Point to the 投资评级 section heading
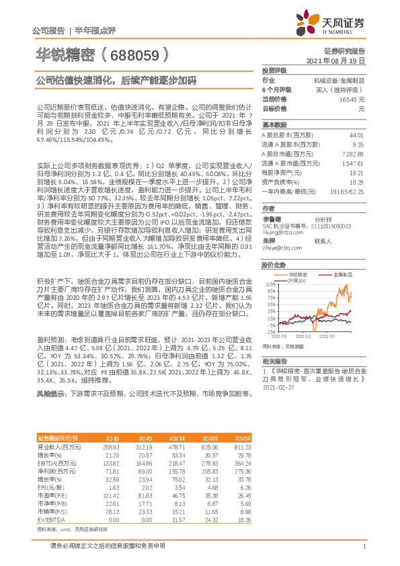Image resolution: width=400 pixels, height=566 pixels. (x=275, y=70)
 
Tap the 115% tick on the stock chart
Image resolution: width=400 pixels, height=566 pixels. (x=270, y=284)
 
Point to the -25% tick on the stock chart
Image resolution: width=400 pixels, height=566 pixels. (x=270, y=331)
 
